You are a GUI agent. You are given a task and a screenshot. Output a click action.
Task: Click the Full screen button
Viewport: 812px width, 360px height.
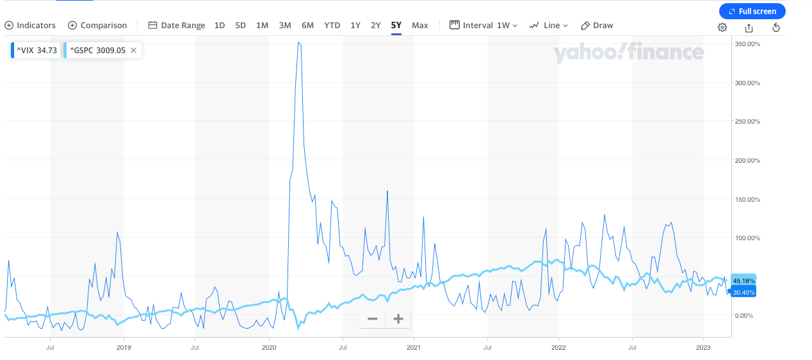(752, 11)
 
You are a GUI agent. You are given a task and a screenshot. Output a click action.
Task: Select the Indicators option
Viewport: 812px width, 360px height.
(30, 26)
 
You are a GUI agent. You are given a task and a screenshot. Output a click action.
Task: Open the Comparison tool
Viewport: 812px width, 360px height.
(97, 26)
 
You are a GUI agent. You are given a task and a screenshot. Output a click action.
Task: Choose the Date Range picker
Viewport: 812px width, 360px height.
(177, 26)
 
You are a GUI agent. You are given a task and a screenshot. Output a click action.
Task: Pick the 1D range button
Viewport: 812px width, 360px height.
(220, 26)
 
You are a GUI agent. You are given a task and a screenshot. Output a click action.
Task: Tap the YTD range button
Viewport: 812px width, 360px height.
(332, 26)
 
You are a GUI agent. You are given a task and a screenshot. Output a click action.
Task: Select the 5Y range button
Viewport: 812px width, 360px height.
(396, 26)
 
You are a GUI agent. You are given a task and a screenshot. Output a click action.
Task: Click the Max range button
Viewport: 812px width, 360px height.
(420, 26)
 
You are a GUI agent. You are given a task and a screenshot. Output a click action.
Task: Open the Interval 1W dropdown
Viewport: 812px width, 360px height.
(483, 26)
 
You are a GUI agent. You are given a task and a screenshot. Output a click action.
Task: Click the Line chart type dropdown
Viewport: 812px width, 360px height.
(549, 26)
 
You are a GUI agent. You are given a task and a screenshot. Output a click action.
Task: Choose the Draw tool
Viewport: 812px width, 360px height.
(597, 26)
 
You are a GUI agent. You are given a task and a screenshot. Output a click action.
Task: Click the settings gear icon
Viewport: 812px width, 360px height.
(722, 27)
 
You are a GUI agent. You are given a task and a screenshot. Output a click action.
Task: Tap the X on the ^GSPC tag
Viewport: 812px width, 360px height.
(133, 50)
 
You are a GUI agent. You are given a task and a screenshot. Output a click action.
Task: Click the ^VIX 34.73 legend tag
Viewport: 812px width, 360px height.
(37, 50)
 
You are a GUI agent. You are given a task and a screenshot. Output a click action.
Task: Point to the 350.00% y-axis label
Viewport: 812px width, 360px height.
(747, 44)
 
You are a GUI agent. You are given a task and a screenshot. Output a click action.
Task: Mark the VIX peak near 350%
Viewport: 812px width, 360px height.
(299, 43)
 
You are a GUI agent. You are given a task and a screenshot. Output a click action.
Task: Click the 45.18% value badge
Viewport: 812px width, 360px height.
(743, 281)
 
